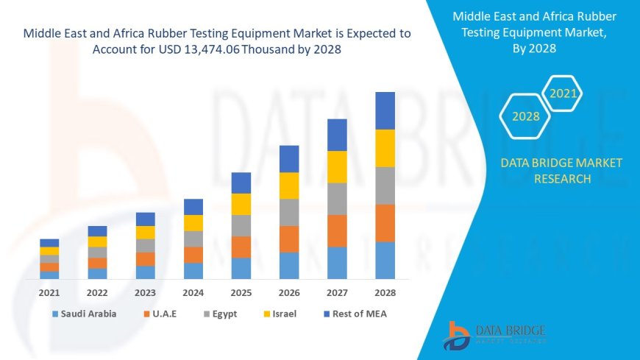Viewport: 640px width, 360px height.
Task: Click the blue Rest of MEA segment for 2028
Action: click(385, 110)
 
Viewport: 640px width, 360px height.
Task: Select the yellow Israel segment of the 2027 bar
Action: click(337, 166)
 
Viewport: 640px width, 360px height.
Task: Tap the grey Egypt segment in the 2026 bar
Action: click(289, 212)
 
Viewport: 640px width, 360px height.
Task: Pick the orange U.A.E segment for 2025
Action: click(241, 247)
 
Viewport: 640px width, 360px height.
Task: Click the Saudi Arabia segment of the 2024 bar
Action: click(193, 271)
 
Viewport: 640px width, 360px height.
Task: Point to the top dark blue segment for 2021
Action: click(49, 242)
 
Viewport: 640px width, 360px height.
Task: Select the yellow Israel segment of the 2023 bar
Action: click(146, 232)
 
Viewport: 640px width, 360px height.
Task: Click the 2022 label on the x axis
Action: click(97, 292)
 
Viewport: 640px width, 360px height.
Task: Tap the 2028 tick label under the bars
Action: click(385, 292)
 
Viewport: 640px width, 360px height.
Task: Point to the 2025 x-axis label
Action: click(241, 292)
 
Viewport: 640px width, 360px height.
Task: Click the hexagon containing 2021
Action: click(563, 93)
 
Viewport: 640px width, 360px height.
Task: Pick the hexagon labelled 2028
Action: click(526, 116)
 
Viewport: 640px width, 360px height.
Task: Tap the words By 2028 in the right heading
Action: click(534, 49)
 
